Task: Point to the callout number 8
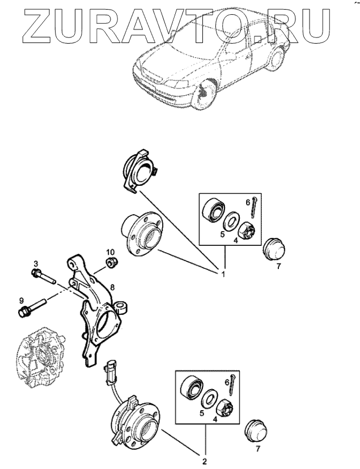(113, 287)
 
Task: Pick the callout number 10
(111, 251)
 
